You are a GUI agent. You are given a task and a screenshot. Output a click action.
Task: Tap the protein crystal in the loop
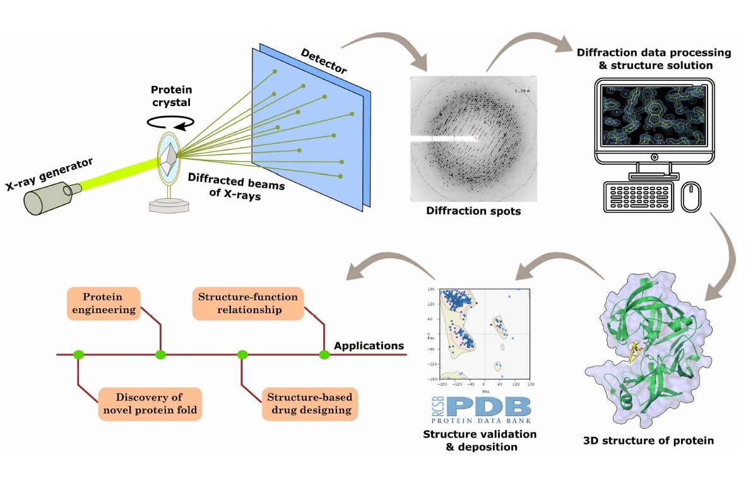169,155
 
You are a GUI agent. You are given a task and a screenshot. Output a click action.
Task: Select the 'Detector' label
323,61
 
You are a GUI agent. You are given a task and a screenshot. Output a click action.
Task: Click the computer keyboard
637,196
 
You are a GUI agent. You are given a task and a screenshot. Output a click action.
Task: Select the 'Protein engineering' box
102,303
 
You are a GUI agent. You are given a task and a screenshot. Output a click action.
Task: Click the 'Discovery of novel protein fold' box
149,403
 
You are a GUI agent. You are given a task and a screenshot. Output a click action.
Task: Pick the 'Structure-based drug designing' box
309,403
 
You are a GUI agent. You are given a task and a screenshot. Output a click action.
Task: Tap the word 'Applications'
369,345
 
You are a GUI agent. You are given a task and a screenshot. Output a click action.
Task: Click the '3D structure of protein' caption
648,440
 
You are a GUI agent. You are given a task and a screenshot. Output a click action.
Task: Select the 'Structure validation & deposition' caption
480,440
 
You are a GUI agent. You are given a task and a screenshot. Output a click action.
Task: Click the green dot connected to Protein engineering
161,355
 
